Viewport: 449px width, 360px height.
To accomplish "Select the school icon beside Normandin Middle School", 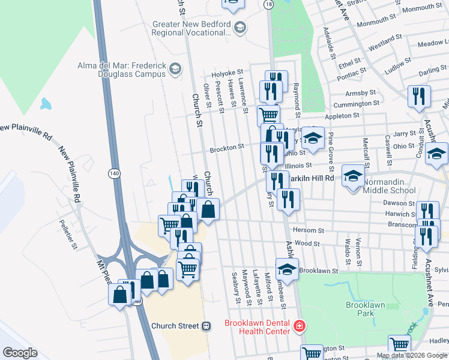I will pos(353,176).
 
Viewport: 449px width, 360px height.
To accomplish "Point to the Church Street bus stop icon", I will pos(206,326).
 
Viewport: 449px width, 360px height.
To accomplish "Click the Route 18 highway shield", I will pos(268,4).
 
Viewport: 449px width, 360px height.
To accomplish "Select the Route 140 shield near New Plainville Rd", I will pos(114,173).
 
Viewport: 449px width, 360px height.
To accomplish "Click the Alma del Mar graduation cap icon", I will pos(175,69).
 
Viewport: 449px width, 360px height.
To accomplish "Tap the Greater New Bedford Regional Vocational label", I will pos(192,29).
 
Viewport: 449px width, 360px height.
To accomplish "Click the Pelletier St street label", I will pos(74,235).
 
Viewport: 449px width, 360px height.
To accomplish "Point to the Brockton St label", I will pos(226,146).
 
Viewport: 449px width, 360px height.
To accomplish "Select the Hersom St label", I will pos(309,230).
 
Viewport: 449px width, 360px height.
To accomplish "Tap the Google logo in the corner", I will pos(20,353).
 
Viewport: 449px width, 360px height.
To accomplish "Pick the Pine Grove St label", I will pos(331,150).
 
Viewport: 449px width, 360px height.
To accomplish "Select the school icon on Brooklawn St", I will pos(287,268).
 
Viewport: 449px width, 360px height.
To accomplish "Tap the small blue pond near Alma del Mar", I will pos(46,103).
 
